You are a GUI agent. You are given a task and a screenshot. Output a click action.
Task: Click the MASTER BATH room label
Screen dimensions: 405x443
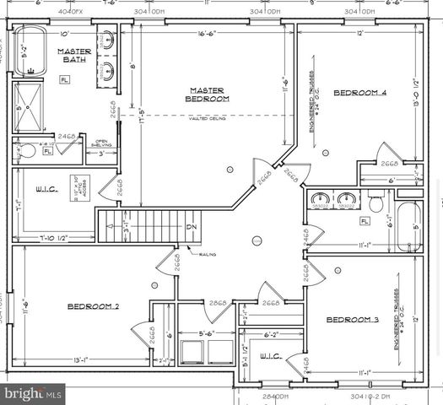click(74, 56)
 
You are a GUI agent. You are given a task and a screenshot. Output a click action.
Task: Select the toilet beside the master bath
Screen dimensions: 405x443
click(28, 152)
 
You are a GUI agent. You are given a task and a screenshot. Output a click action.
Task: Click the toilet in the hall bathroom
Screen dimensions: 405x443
click(376, 202)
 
